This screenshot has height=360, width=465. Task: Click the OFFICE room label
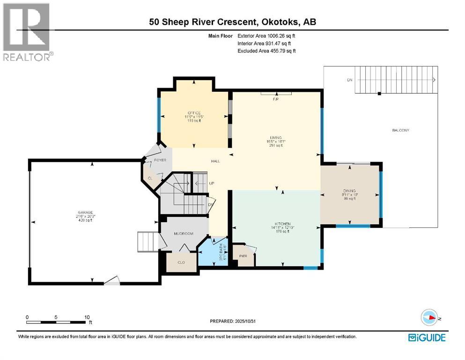click(194, 113)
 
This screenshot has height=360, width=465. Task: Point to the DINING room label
click(349, 191)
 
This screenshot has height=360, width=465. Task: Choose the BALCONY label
click(400, 130)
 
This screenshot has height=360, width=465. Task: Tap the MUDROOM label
click(184, 233)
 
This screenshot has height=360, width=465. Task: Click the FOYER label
click(160, 160)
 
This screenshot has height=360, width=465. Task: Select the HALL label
click(215, 161)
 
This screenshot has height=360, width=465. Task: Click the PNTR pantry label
click(243, 256)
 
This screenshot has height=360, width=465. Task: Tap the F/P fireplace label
click(276, 100)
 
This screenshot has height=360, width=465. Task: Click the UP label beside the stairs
click(212, 183)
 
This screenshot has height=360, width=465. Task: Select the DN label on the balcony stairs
click(349, 80)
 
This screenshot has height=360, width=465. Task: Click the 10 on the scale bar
click(87, 317)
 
